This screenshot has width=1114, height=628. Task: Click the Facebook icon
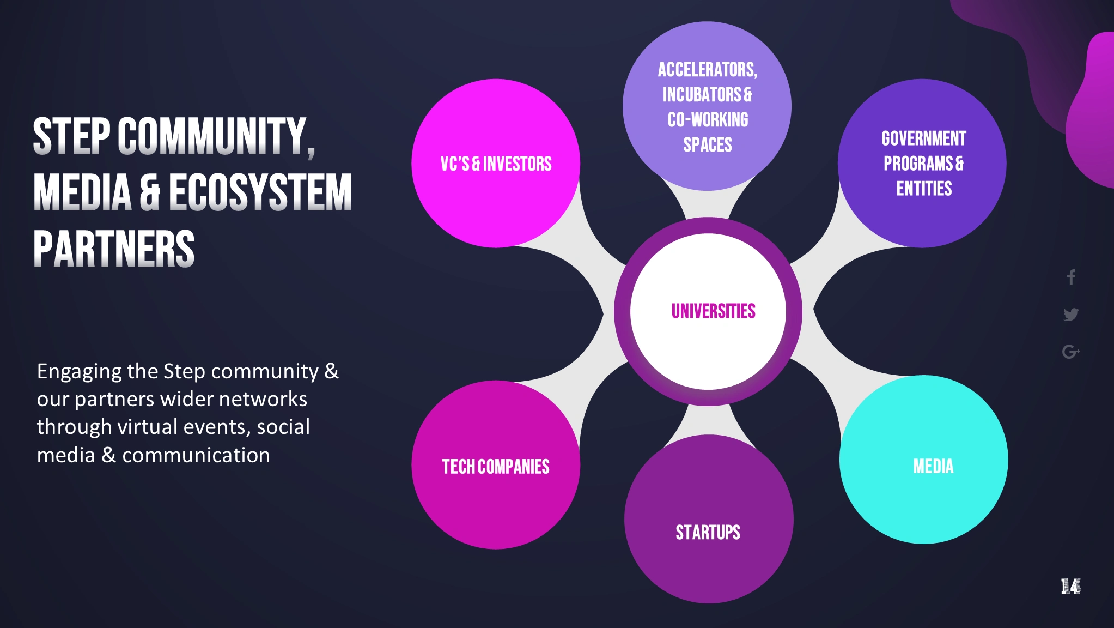tap(1071, 277)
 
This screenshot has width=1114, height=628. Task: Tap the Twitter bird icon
tap(1071, 315)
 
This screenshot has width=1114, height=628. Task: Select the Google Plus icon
tap(1071, 352)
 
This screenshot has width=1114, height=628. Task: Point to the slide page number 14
tap(1070, 587)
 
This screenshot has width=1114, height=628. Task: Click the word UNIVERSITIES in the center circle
tap(713, 311)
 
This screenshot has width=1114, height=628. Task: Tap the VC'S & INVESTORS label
tap(496, 164)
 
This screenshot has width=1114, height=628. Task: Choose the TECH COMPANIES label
tap(496, 467)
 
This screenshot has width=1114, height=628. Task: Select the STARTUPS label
tap(708, 532)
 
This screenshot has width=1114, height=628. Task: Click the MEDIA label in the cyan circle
tap(933, 467)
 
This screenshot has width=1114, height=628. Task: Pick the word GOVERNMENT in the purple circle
tap(924, 138)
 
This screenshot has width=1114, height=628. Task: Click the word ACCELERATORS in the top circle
tap(707, 70)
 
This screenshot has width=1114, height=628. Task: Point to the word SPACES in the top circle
tap(708, 145)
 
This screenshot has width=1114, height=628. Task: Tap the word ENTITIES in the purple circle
tap(924, 189)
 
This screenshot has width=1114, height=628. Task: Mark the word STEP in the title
tap(71, 136)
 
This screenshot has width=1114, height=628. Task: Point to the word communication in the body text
tap(196, 455)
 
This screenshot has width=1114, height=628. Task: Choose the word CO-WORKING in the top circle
tap(708, 120)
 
